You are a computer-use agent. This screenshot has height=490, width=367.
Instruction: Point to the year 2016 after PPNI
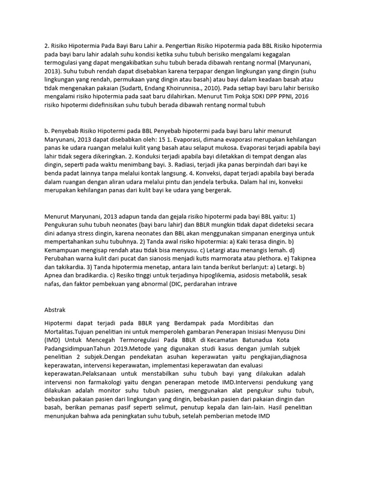[313, 97]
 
